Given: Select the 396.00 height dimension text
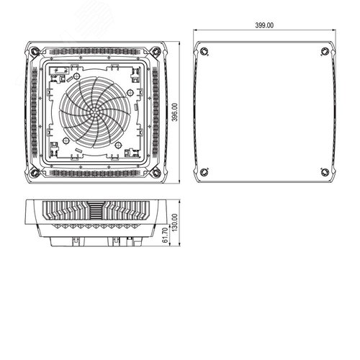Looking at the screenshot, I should [175, 113].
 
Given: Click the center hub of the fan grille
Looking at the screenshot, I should [94, 113].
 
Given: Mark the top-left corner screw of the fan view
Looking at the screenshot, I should [35, 51].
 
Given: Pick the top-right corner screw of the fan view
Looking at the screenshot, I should [156, 51].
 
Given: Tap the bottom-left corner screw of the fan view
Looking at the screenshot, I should [35, 174].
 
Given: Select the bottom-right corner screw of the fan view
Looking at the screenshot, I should [156, 174].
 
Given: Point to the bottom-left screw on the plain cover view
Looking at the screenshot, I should [204, 172].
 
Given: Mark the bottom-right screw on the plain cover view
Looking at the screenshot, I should [325, 172].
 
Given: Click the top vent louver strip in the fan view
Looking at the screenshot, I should [94, 51].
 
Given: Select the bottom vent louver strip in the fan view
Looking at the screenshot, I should [94, 174].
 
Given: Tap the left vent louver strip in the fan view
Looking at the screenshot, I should [33, 112].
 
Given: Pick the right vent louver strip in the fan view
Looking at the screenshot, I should [156, 112].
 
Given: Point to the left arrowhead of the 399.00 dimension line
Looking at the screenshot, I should [197, 30].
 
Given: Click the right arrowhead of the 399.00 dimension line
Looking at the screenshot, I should [333, 30].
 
